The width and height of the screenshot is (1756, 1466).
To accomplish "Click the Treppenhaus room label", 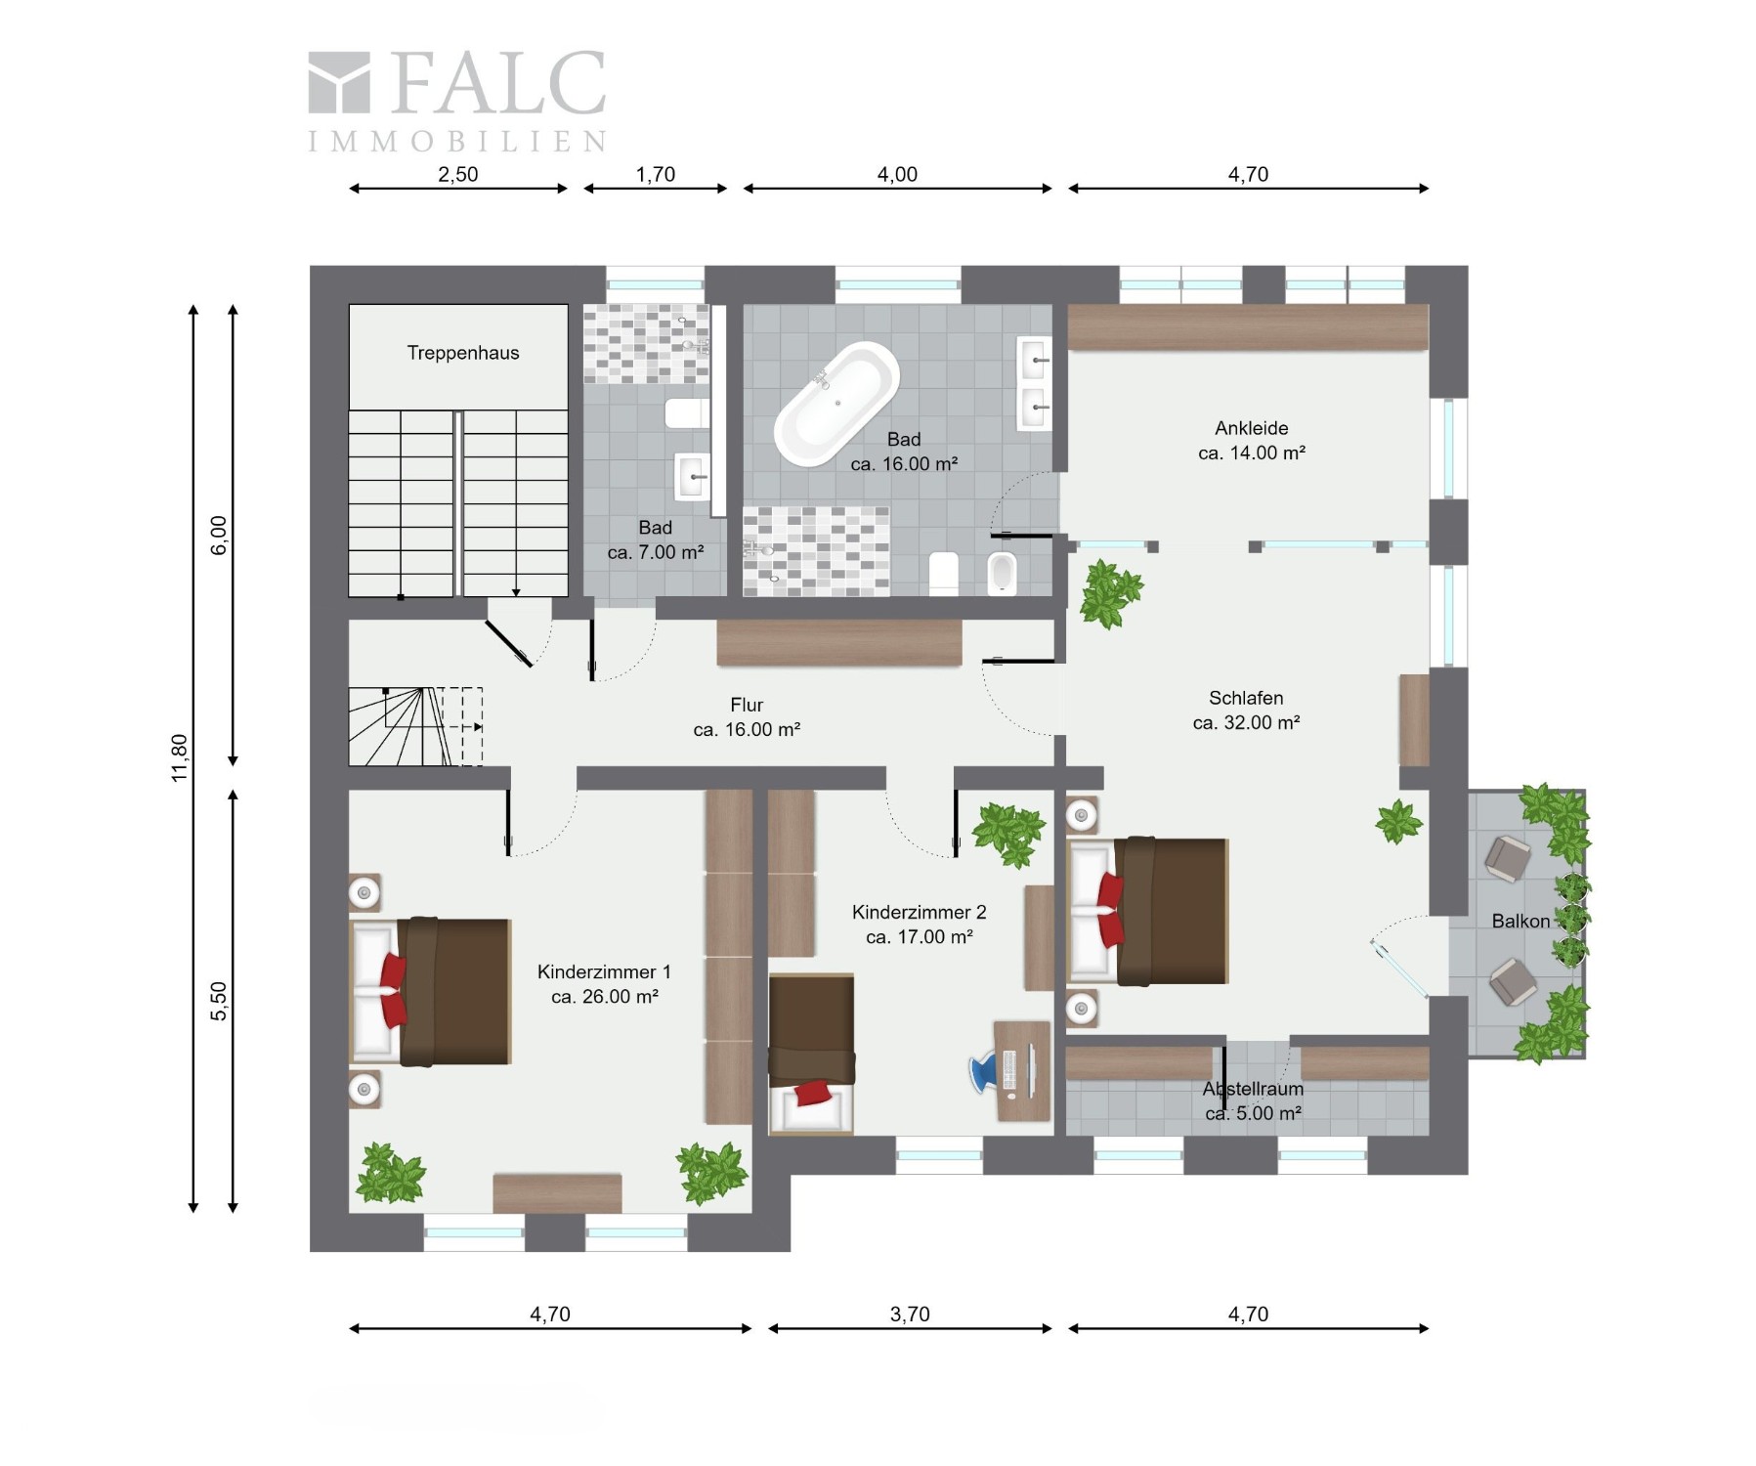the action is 462,353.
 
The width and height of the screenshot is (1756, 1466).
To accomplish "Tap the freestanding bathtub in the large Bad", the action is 836,403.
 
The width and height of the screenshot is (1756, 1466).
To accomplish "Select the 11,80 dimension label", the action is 179,758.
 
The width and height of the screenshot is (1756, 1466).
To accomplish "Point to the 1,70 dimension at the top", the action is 656,175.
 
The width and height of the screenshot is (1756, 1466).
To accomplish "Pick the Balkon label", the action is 1520,921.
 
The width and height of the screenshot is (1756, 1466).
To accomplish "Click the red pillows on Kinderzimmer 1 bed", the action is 393,990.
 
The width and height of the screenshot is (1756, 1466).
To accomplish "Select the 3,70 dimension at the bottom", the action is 910,1315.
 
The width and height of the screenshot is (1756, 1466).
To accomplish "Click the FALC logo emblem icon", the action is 339,82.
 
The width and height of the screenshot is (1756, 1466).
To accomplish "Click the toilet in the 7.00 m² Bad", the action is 687,413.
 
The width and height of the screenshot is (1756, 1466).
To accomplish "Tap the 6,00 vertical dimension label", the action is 219,536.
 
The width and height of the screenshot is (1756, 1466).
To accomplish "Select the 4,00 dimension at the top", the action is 897,175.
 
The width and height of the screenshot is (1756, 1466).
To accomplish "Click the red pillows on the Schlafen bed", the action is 1111,910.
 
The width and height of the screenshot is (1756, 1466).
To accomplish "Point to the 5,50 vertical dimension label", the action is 219,1001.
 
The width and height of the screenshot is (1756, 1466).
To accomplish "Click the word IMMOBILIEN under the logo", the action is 457,142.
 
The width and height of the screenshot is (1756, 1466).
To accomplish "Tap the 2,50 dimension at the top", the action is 458,175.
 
